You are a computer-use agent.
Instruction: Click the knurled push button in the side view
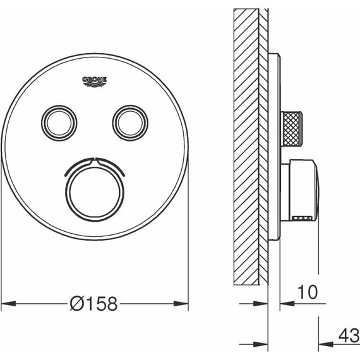tap(292, 119)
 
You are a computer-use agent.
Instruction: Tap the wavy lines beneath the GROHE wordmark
tap(95, 85)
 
